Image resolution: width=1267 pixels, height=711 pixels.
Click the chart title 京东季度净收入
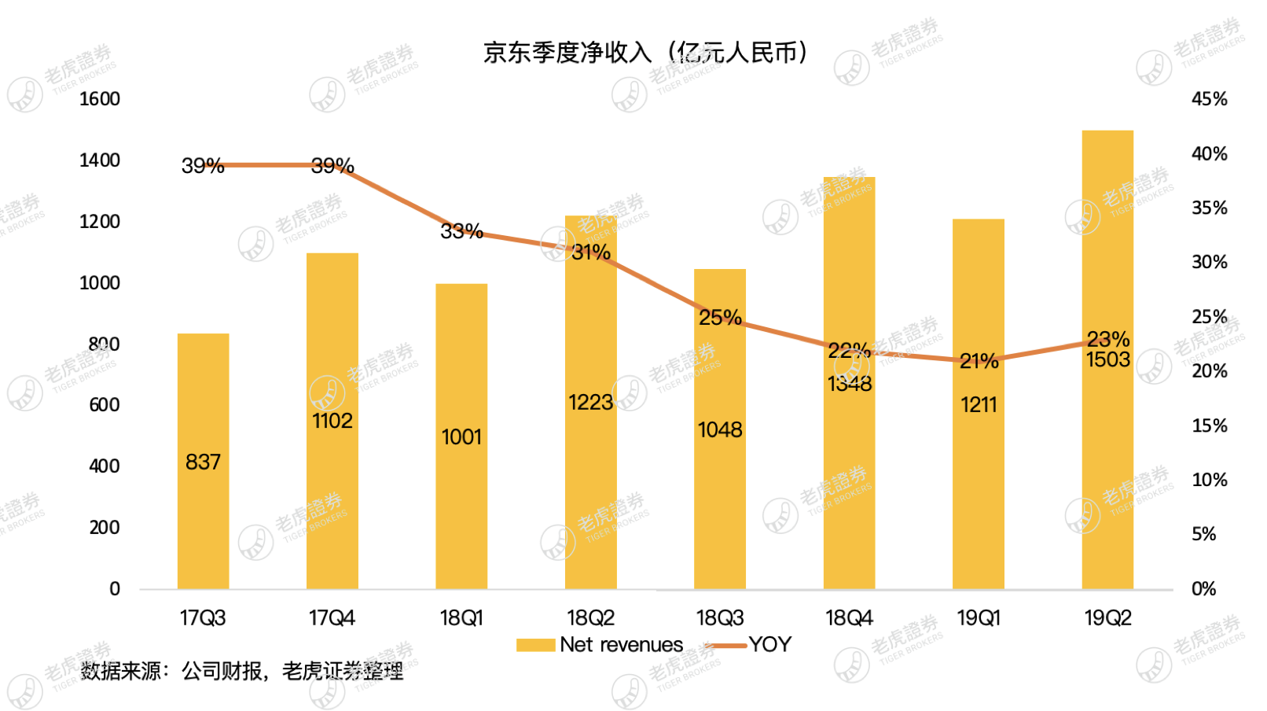(x=645, y=53)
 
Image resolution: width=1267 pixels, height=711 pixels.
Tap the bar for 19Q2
(x=1107, y=472)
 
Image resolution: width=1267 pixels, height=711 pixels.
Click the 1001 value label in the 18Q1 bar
(x=461, y=437)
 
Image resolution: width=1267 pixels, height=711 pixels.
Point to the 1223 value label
(x=590, y=403)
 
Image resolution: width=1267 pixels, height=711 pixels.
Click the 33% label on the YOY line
(x=461, y=231)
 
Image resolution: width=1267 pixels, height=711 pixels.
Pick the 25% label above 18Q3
(x=720, y=318)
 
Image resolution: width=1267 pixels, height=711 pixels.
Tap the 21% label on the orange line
(x=979, y=362)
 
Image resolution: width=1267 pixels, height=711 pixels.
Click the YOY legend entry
(x=769, y=645)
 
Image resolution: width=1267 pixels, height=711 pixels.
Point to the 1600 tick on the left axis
(x=100, y=99)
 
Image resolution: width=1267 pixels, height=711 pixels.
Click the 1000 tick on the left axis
(x=100, y=283)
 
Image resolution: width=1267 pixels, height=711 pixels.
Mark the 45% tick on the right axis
(x=1209, y=99)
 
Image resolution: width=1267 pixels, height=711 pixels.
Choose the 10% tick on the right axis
(x=1209, y=480)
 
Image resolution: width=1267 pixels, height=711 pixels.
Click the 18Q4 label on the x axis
(x=849, y=618)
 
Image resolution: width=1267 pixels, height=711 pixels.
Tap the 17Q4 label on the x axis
(x=332, y=618)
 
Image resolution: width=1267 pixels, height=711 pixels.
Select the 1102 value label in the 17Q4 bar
(x=332, y=421)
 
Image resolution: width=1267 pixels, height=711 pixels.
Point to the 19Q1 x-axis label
(x=979, y=618)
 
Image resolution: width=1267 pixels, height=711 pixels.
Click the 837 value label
(x=203, y=462)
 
